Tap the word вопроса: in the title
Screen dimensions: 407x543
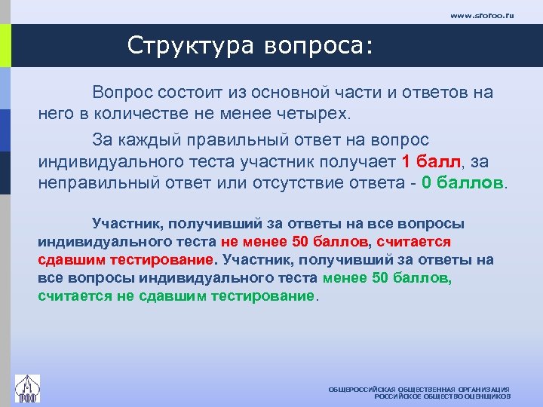[318, 46]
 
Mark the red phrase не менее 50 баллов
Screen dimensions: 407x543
[295, 242]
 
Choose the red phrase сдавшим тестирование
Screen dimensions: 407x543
[126, 260]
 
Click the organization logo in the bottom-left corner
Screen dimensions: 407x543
[28, 389]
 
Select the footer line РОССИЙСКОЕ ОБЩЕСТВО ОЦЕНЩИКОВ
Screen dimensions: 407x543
[443, 396]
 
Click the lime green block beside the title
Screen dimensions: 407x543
[5, 46]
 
